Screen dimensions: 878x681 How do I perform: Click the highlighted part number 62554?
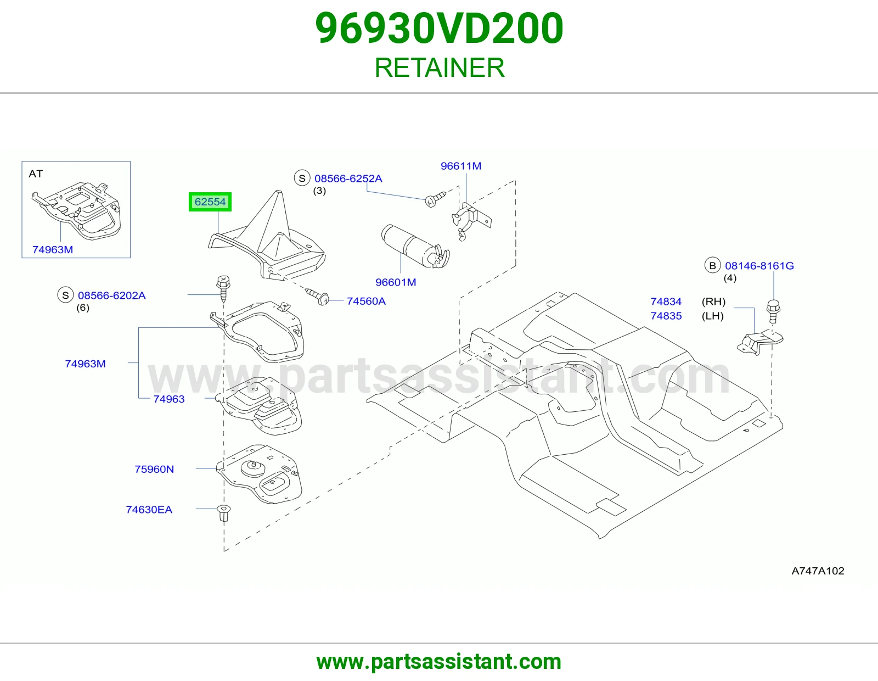tap(210, 202)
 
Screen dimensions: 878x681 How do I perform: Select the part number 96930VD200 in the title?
tap(439, 29)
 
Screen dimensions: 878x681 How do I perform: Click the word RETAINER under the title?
tap(440, 68)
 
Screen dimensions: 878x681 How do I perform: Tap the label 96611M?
tap(460, 166)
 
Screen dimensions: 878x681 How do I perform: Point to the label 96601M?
tap(396, 282)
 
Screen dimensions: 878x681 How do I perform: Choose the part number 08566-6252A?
tap(348, 178)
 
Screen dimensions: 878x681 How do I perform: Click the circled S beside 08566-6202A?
tap(65, 295)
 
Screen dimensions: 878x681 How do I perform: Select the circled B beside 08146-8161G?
tap(712, 266)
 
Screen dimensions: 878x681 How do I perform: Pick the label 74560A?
tap(366, 302)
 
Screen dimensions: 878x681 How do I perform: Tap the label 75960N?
tap(154, 469)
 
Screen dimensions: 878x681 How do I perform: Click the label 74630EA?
tap(149, 510)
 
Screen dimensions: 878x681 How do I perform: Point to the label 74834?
tap(666, 302)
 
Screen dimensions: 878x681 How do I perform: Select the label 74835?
tap(666, 316)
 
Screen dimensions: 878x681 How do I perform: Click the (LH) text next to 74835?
tap(713, 316)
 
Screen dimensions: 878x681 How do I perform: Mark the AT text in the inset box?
tap(36, 174)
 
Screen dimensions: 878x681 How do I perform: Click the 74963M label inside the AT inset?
tap(53, 249)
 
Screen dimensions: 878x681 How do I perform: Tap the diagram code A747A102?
tap(818, 571)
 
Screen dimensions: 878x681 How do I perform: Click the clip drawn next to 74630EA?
tap(224, 513)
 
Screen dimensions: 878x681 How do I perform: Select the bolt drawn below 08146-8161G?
tap(773, 311)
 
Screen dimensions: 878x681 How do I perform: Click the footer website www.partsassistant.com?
tap(439, 662)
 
